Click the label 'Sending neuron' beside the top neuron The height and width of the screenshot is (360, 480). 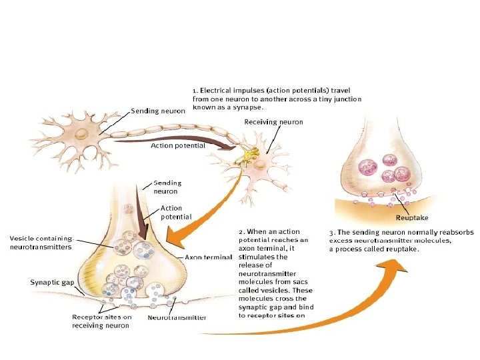coord(157,111)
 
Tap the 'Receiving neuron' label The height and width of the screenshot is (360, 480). coord(273,122)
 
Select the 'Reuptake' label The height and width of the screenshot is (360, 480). coord(412,217)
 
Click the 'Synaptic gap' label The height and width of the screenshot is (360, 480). coord(52,282)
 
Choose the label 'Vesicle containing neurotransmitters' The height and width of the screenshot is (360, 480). coord(39,242)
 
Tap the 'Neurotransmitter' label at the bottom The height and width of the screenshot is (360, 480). coord(177,317)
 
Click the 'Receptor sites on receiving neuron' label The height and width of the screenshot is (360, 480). coord(101,321)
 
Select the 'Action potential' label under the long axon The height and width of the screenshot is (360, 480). coord(177,145)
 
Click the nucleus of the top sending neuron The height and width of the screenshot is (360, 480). coord(81,133)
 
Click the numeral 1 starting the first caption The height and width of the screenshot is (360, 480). coord(194,89)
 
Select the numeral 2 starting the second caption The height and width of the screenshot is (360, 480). coord(241,231)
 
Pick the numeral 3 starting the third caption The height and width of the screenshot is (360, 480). coord(331,231)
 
